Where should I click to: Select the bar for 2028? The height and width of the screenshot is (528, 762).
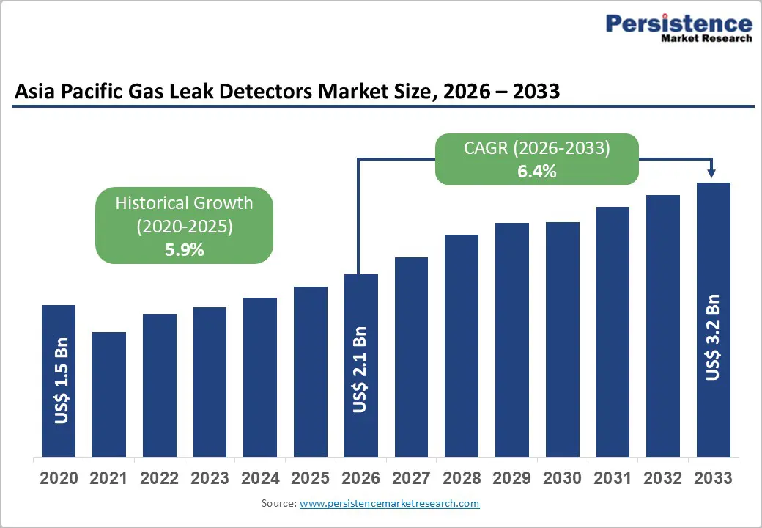click(x=461, y=345)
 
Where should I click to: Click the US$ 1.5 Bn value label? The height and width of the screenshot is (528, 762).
click(x=62, y=381)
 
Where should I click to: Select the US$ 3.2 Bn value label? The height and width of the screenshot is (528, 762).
click(x=713, y=337)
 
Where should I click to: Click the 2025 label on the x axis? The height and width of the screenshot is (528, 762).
click(x=310, y=478)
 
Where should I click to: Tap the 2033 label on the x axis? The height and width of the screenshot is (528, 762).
click(x=713, y=478)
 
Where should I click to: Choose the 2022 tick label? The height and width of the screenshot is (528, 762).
click(x=159, y=478)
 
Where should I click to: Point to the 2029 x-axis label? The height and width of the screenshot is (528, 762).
click(x=511, y=478)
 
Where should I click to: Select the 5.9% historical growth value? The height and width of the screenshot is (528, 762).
click(x=184, y=249)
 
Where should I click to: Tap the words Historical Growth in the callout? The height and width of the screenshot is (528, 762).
click(x=184, y=203)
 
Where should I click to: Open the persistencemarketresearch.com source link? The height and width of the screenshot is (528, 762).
click(x=389, y=503)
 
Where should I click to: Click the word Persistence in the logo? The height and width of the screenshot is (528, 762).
click(x=679, y=23)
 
